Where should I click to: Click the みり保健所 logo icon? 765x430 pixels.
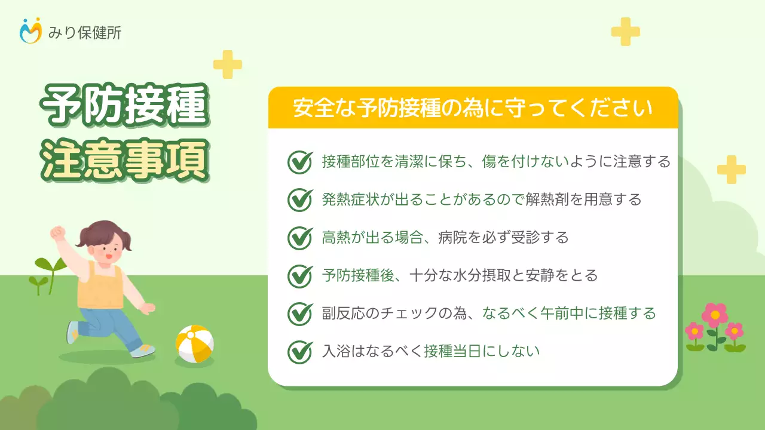pyautogui.click(x=31, y=31)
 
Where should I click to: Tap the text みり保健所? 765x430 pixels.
pyautogui.click(x=84, y=32)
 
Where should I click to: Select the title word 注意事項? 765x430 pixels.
pyautogui.click(x=124, y=159)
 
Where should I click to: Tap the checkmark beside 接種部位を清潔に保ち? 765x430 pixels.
pyautogui.click(x=300, y=162)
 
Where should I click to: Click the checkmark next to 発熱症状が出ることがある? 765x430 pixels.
pyautogui.click(x=300, y=199)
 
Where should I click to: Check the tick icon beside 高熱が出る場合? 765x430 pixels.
pyautogui.click(x=300, y=238)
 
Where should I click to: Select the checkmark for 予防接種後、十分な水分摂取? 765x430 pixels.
pyautogui.click(x=300, y=275)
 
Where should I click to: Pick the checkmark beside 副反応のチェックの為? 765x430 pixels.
pyautogui.click(x=300, y=314)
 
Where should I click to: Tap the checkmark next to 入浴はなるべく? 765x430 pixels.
pyautogui.click(x=300, y=351)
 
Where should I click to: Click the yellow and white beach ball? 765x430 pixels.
pyautogui.click(x=195, y=344)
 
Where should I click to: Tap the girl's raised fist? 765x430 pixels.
pyautogui.click(x=58, y=232)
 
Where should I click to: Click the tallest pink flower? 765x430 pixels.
pyautogui.click(x=715, y=315)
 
